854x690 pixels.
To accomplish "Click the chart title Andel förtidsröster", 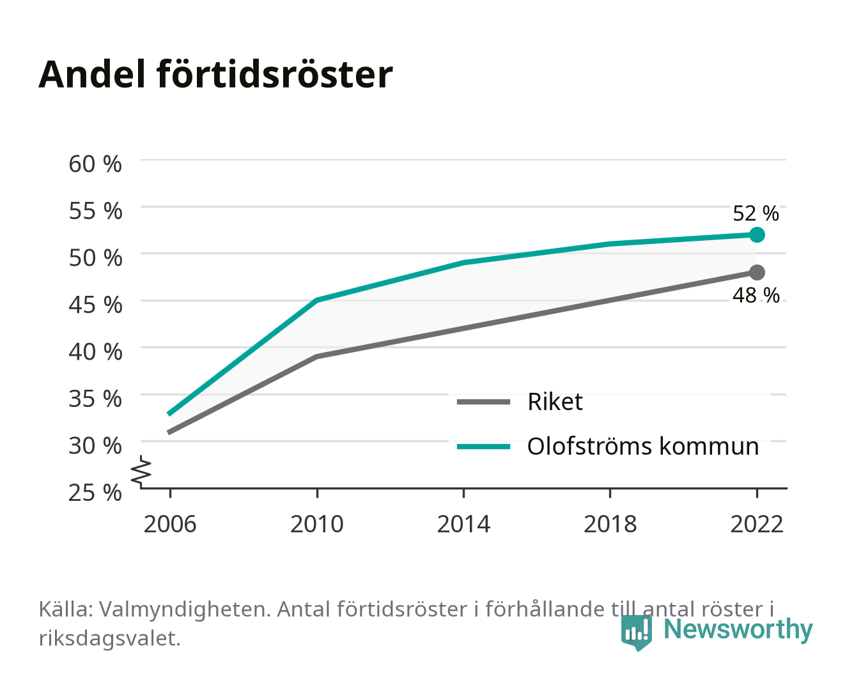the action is [215, 74].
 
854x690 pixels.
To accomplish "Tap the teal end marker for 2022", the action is [757, 234].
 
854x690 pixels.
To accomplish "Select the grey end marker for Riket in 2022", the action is [757, 272].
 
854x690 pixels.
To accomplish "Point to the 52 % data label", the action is [756, 213].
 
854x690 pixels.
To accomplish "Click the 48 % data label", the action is [756, 295].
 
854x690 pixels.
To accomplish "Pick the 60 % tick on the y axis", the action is [95, 164].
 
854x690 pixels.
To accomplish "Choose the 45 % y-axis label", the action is [95, 305].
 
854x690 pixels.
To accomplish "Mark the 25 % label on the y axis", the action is [95, 493].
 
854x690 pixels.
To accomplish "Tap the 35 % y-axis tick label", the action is [95, 399].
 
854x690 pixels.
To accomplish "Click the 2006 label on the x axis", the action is [170, 524].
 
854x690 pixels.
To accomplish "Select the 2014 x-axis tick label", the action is [463, 524].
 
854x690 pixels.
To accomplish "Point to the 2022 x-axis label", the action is [757, 524].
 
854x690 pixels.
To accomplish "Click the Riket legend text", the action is [555, 401].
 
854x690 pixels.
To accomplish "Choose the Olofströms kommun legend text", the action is [642, 446].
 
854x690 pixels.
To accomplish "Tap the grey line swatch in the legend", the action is [483, 402].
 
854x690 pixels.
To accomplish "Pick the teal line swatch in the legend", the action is [483, 447].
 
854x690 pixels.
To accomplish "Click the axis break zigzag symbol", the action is [141, 471].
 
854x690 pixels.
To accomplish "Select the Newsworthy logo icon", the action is [636, 632].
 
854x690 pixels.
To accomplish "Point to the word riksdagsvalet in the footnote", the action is [109, 638].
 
